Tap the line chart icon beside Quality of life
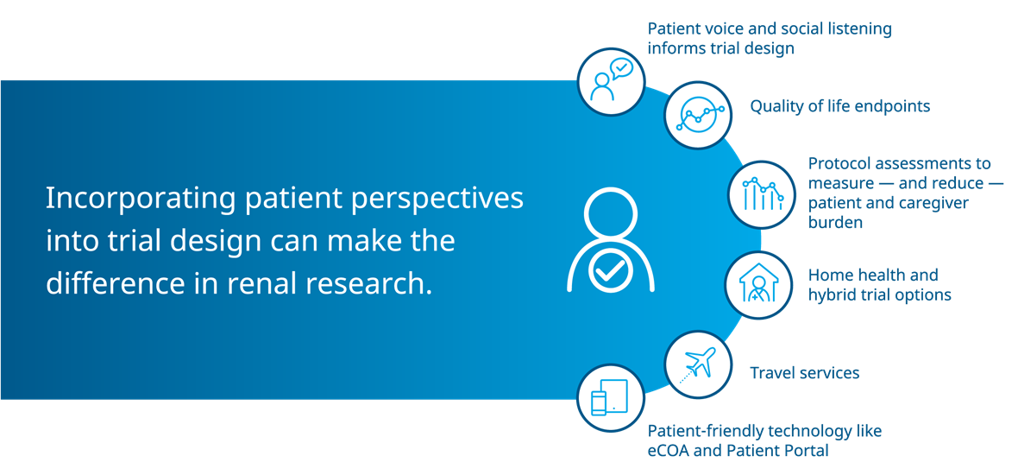point(698,115)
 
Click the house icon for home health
point(757,285)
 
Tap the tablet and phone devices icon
point(610,397)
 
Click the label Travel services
point(804,373)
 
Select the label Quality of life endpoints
point(840,106)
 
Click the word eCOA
point(669,450)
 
